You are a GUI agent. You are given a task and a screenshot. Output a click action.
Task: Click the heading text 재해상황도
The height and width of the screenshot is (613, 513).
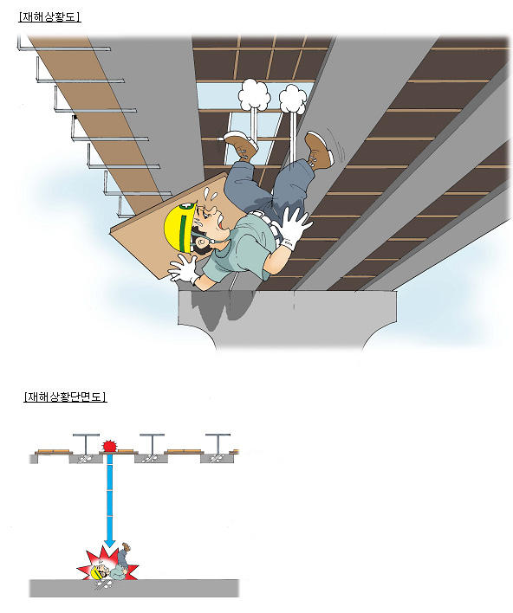coord(49,16)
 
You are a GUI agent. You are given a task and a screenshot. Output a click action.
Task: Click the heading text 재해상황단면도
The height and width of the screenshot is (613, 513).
coord(65,397)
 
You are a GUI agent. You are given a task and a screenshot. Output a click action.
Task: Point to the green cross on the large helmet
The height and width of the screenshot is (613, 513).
coord(184,206)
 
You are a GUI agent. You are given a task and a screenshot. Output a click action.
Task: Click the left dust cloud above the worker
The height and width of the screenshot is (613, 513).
coord(255,94)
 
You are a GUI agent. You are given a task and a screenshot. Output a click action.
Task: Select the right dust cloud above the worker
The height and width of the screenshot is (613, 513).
coord(293,99)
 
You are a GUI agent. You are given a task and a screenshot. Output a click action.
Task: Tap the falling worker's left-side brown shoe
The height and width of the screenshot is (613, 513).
coord(241,145)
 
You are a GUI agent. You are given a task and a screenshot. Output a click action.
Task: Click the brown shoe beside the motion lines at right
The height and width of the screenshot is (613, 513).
coord(319,150)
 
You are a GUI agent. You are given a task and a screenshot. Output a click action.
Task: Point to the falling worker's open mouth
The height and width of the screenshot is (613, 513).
coord(220,223)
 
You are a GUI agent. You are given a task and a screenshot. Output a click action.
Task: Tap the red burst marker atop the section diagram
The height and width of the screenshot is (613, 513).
coord(110,446)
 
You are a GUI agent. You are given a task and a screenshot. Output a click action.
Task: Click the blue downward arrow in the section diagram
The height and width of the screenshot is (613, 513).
coord(110,500)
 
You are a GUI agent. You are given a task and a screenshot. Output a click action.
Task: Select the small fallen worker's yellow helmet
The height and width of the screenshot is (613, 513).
coord(96,572)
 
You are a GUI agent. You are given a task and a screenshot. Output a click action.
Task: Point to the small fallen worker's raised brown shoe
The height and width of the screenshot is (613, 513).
coord(126,545)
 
